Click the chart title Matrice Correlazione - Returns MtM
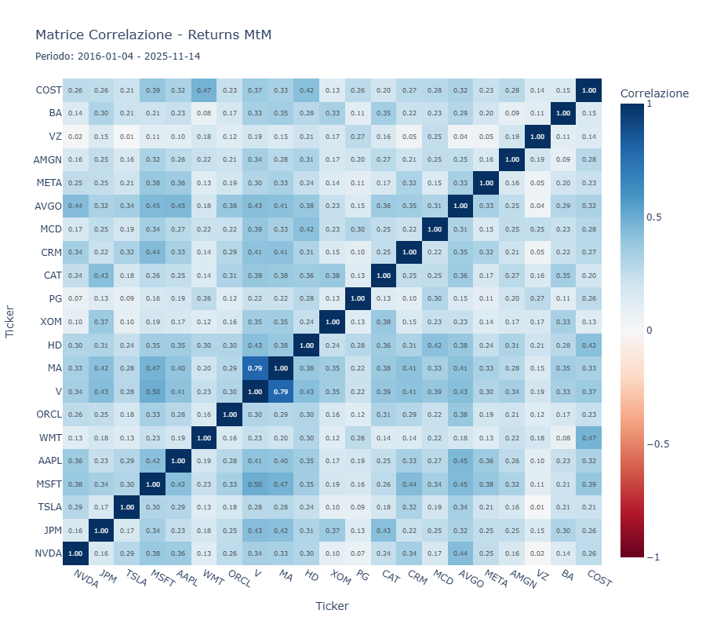[154, 35]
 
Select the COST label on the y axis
[49, 90]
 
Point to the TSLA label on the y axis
[49, 507]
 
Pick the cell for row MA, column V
[255, 368]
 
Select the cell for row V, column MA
[281, 391]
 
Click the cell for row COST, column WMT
[204, 90]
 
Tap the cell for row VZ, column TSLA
[127, 137]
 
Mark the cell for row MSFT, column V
[255, 484]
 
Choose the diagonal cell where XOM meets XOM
[332, 322]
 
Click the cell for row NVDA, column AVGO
[459, 553]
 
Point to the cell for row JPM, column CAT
[383, 531]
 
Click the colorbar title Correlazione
[654, 93]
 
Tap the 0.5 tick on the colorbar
[654, 217]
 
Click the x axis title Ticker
[332, 606]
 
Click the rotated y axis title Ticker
[11, 322]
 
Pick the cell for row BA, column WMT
[204, 113]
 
